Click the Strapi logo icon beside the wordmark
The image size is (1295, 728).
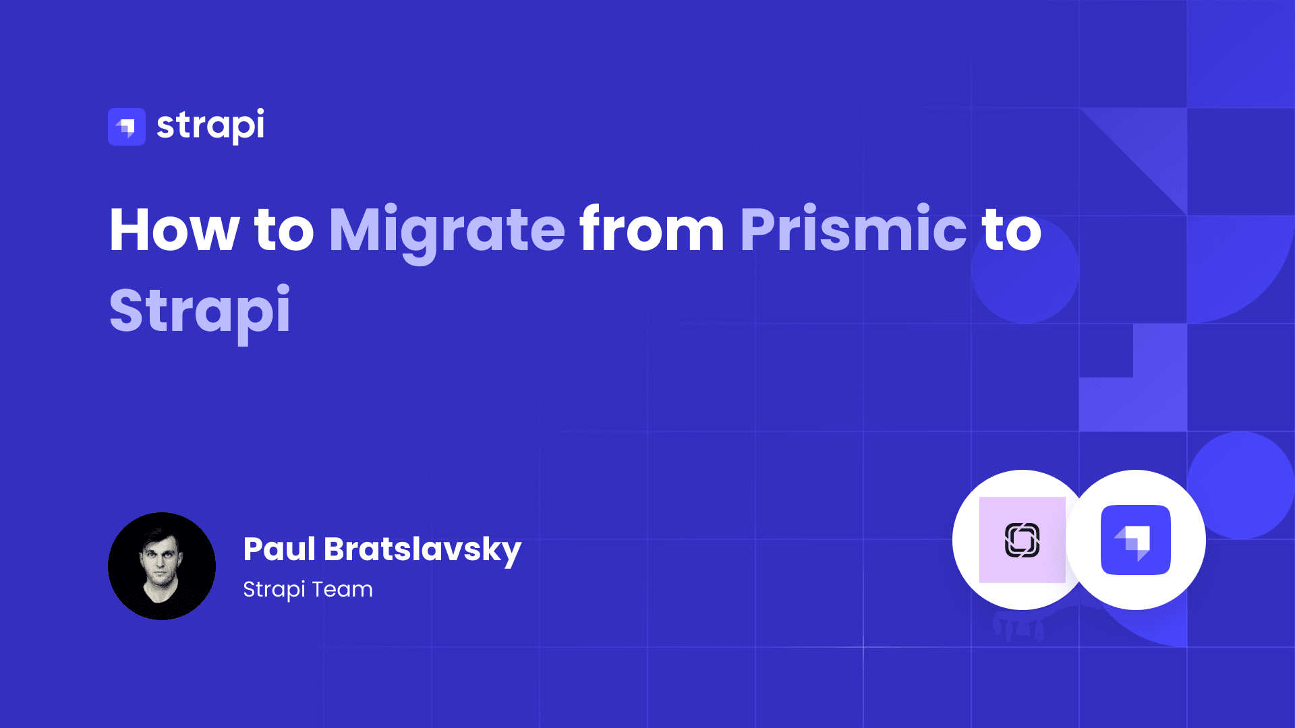click(127, 127)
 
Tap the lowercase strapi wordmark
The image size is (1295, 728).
click(210, 125)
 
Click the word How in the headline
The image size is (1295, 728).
click(174, 231)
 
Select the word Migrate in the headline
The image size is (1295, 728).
click(447, 231)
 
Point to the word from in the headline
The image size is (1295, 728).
click(652, 231)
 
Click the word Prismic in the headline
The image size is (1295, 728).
click(853, 231)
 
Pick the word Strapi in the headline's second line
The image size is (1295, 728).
click(200, 311)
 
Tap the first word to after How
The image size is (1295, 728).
click(284, 231)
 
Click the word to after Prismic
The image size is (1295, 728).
click(1012, 231)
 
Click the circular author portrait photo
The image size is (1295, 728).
click(162, 566)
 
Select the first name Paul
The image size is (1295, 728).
click(279, 549)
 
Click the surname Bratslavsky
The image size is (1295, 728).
click(422, 550)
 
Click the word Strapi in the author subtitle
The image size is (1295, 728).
click(274, 590)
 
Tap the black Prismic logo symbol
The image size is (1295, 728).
click(1022, 540)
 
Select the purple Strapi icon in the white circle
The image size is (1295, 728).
click(1136, 540)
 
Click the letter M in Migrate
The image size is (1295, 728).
click(355, 231)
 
